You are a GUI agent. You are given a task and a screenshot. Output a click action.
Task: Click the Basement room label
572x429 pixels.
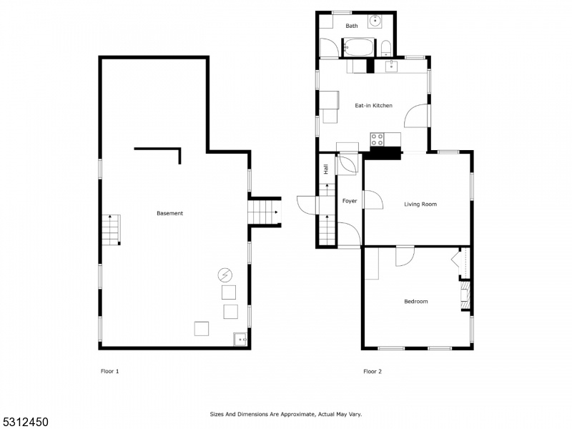(x=169, y=213)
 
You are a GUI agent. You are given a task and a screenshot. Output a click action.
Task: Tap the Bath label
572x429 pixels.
(x=352, y=26)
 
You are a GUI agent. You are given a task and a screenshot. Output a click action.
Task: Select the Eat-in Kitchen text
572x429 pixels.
(x=373, y=105)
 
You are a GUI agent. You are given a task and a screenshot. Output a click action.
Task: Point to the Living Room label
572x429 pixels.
(x=420, y=204)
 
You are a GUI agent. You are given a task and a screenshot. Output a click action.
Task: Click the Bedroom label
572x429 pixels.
(x=416, y=301)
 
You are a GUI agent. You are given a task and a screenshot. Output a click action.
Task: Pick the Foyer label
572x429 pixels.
(x=350, y=201)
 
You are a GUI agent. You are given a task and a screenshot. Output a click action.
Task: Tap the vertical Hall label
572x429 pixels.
(x=326, y=169)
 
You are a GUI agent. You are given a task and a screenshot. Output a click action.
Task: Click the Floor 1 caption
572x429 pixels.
(x=110, y=371)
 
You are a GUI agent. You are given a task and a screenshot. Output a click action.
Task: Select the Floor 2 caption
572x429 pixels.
(x=373, y=371)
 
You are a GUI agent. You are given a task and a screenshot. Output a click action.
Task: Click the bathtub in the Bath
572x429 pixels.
(x=359, y=47)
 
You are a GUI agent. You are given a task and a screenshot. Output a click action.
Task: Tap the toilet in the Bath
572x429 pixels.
(x=386, y=49)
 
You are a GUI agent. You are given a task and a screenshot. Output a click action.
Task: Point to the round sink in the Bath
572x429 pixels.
(x=375, y=21)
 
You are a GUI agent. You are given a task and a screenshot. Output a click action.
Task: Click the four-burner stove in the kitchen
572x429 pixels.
(x=377, y=139)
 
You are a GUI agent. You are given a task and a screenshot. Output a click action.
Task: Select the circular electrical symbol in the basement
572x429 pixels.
(x=225, y=275)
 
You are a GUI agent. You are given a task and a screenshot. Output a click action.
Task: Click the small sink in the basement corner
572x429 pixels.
(x=240, y=339)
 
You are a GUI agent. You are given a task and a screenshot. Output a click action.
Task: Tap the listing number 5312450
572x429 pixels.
(x=24, y=422)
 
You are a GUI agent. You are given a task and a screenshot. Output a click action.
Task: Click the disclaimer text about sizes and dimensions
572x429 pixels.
(x=285, y=414)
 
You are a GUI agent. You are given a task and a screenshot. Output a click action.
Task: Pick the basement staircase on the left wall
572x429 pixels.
(x=111, y=230)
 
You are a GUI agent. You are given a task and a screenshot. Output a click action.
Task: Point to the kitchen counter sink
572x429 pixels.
(x=391, y=66)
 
